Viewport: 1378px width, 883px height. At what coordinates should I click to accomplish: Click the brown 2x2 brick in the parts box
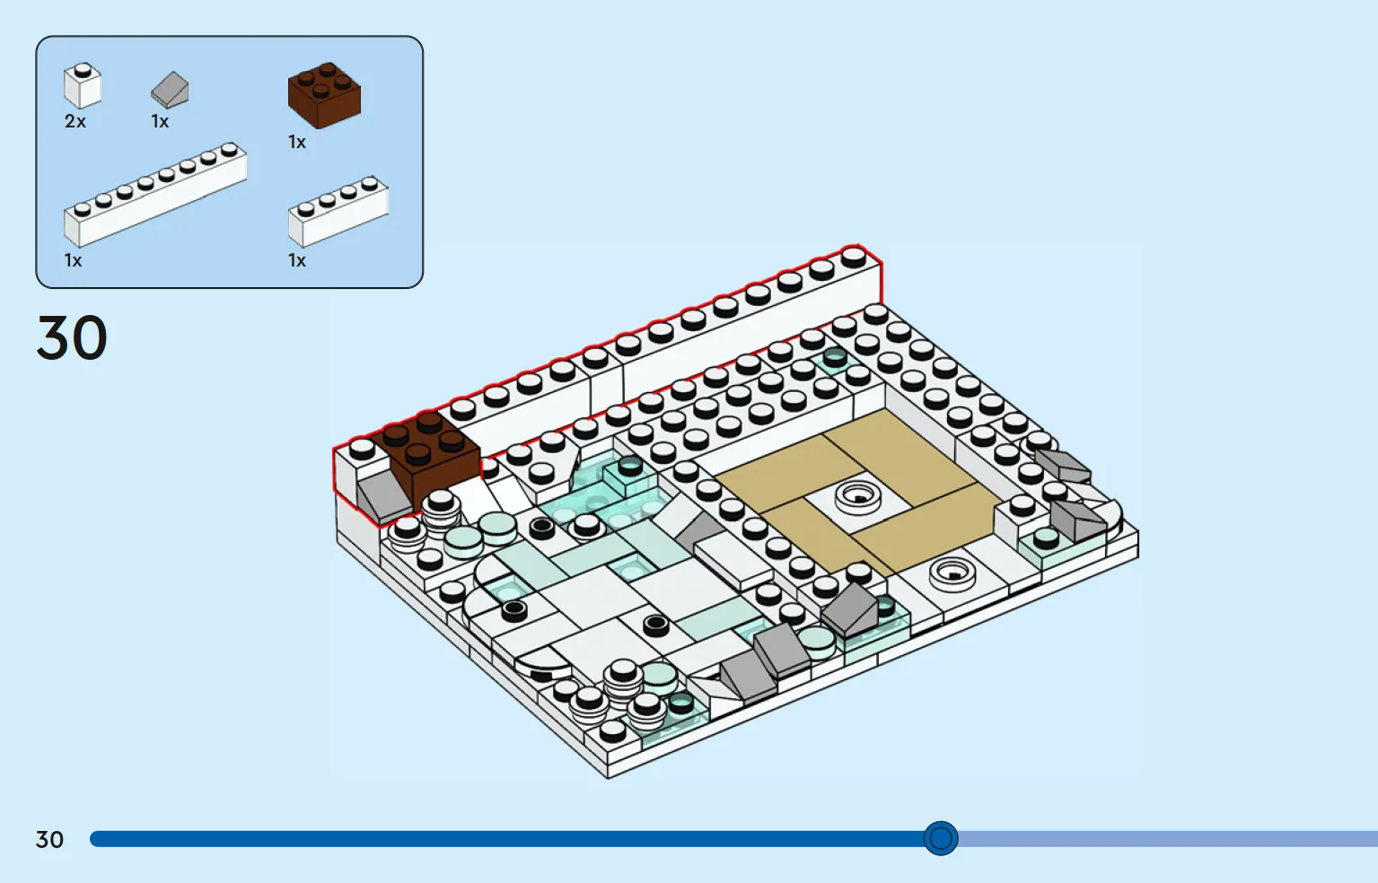point(324,95)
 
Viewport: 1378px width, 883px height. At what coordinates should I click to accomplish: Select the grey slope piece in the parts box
point(170,90)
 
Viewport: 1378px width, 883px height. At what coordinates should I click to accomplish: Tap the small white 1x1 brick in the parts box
point(83,86)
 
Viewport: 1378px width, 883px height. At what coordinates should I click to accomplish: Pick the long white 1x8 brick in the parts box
point(155,195)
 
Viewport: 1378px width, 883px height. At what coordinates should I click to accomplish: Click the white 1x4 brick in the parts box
point(338,212)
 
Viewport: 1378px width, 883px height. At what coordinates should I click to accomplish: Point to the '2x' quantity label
point(75,122)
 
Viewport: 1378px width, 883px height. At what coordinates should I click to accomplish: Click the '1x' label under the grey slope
point(160,122)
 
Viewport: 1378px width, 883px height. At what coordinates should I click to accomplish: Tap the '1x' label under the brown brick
point(297,143)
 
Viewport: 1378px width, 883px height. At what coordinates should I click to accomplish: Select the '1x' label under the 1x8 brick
point(74,261)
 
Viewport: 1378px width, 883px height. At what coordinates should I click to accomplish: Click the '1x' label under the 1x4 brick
point(297,261)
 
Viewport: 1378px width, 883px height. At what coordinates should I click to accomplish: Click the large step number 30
point(72,337)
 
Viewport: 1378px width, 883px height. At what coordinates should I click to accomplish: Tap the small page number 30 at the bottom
point(49,840)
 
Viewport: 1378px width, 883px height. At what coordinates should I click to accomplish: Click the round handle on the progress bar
point(941,838)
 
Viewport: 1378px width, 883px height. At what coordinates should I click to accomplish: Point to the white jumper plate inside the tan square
point(857,495)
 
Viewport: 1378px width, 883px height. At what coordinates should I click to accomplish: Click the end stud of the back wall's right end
point(853,257)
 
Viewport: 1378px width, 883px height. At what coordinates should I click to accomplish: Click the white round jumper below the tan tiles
point(952,573)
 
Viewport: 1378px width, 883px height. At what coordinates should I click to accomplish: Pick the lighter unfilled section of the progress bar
point(1168,839)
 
